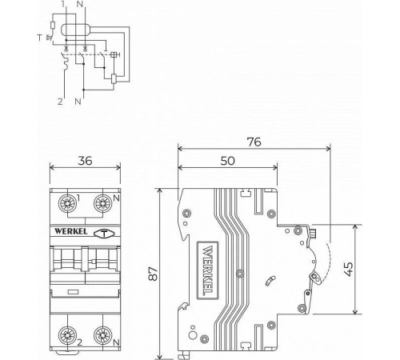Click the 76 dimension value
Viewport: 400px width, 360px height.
(x=254, y=142)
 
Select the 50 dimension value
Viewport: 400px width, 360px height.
(x=228, y=161)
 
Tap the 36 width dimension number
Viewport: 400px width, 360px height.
(x=85, y=161)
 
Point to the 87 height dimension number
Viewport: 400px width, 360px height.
(x=154, y=273)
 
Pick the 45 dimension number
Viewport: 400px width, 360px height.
(x=349, y=269)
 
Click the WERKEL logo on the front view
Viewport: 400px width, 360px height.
(x=71, y=231)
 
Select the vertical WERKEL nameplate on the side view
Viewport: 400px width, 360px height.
(x=208, y=270)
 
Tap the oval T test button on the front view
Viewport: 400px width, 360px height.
(x=104, y=234)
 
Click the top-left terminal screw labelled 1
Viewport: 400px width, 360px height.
(x=67, y=204)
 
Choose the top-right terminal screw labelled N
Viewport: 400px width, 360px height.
(x=102, y=204)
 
